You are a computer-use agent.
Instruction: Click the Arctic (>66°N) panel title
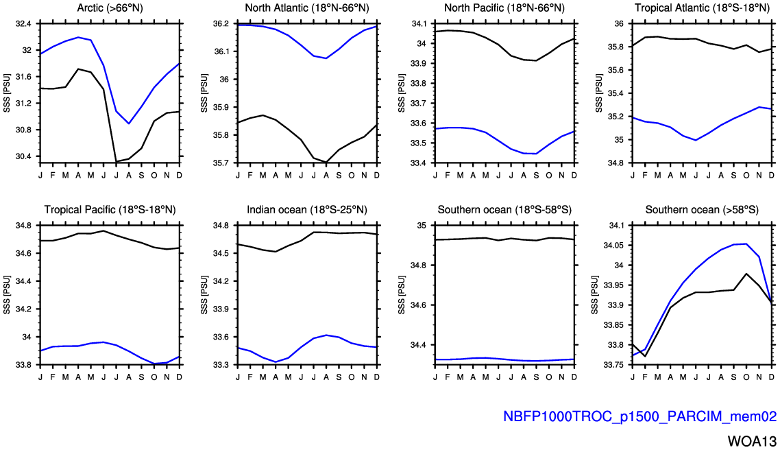tap(110, 8)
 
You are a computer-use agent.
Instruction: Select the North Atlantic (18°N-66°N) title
tap(307, 8)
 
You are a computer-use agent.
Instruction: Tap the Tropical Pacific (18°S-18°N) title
tap(110, 210)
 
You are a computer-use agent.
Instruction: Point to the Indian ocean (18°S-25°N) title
tap(307, 210)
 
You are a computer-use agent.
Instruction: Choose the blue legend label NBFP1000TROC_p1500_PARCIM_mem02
tap(639, 416)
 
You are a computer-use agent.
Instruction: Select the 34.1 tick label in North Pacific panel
tap(418, 23)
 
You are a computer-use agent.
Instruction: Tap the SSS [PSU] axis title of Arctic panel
tap(7, 93)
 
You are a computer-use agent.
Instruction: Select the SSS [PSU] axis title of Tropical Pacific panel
tap(7, 295)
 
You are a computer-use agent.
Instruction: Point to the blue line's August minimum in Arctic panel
tap(127, 123)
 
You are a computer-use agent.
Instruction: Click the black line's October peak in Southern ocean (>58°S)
tap(746, 273)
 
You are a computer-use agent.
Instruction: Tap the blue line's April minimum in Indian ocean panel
tap(276, 362)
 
